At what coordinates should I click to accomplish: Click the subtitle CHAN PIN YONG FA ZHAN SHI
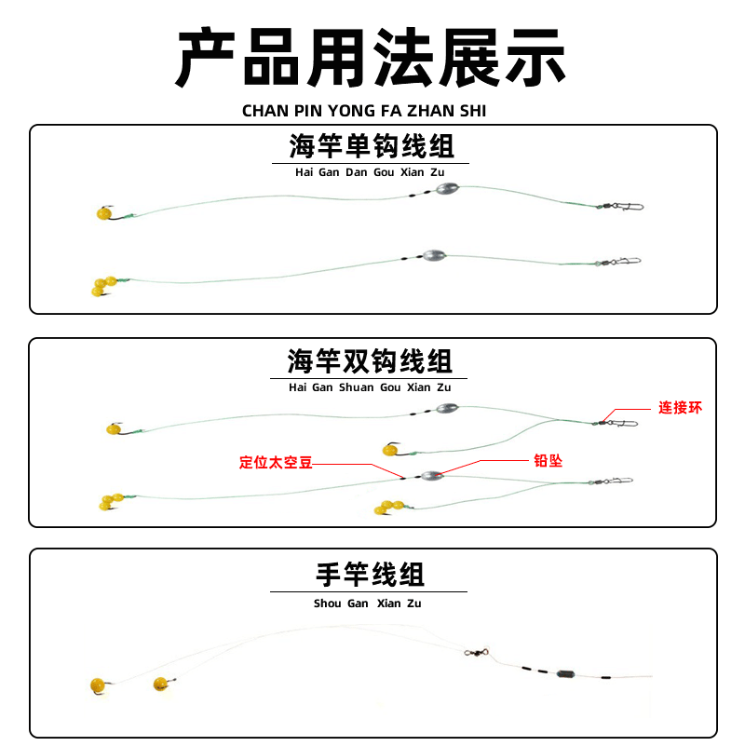coord(364,111)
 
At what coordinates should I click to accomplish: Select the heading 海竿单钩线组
coord(372,147)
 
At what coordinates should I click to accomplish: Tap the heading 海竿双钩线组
coord(371,360)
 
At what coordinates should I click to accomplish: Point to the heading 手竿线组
coord(370,575)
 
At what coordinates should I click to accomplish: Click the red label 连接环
coord(680,408)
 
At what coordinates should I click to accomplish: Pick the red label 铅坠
coord(548,461)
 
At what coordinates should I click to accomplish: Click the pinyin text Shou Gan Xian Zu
coord(368,604)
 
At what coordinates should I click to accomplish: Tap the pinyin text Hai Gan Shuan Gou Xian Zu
coord(370,387)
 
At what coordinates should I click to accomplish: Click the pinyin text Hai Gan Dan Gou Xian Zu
coord(370,173)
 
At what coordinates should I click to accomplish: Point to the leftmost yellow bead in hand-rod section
coord(97,685)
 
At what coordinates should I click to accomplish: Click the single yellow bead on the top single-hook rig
coord(102,214)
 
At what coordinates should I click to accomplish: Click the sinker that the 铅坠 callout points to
coord(431,474)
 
